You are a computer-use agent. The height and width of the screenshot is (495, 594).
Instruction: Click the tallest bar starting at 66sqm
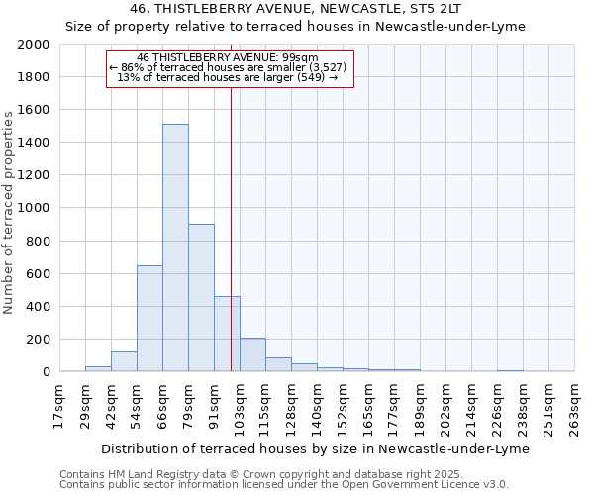pos(175,247)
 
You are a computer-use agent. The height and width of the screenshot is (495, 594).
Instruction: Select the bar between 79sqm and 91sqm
pos(201,297)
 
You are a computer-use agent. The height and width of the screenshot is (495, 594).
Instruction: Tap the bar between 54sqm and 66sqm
pos(149,318)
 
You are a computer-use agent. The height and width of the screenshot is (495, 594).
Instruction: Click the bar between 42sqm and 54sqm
pos(124,361)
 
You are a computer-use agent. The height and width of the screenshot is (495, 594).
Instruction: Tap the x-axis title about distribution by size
pos(316,448)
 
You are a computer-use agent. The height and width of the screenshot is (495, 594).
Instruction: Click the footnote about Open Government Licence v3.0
pos(284,485)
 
